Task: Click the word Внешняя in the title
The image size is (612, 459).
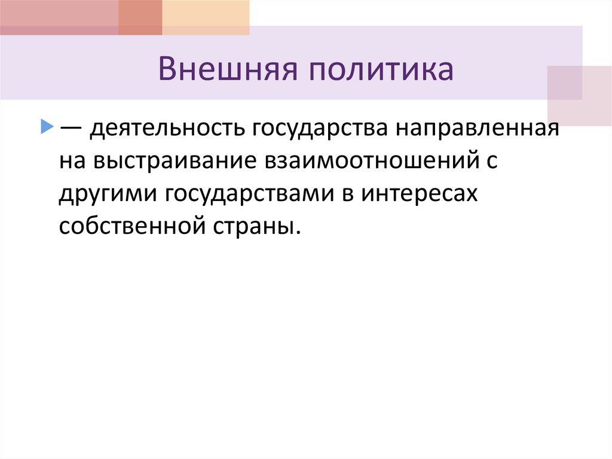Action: coord(228,70)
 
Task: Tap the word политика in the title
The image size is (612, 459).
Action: coord(381,70)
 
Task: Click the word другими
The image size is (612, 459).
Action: coord(105,195)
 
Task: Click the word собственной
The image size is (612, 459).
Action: coord(130,227)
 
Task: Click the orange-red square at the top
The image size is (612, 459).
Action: coord(140,17)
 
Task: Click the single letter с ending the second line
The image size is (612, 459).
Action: coord(491,163)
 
